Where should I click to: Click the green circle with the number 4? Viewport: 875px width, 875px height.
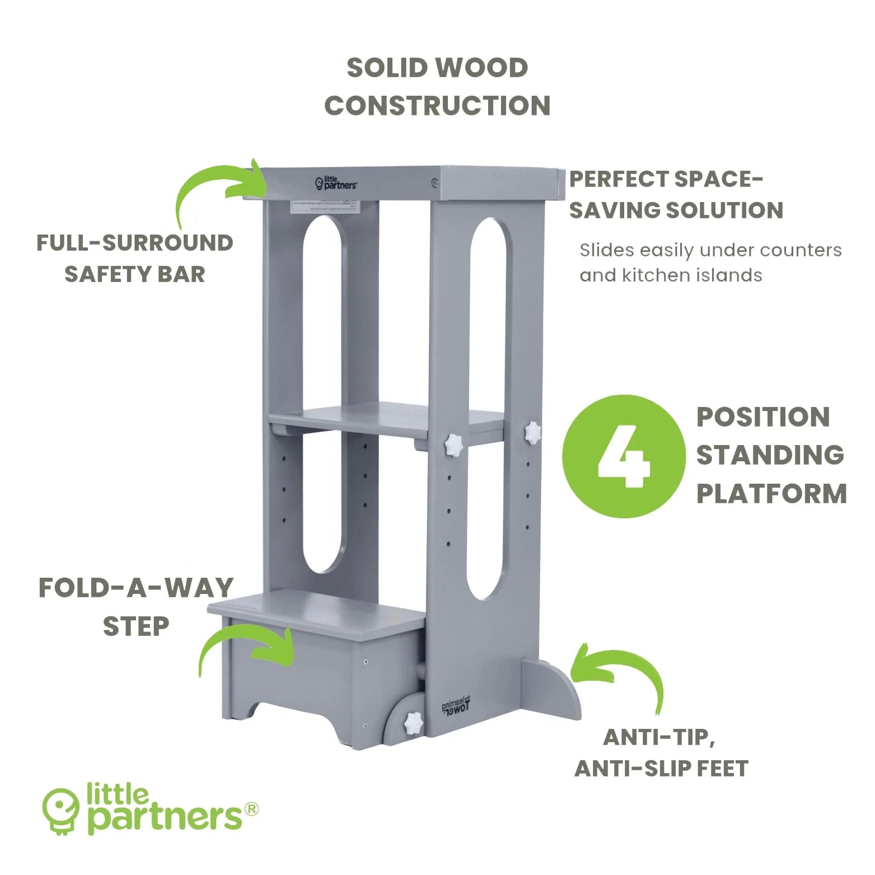point(623,456)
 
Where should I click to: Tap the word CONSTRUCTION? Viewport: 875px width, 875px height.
point(437,106)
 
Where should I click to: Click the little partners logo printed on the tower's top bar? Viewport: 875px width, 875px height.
point(336,183)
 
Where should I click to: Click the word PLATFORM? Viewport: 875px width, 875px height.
point(771,494)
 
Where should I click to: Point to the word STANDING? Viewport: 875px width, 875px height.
point(770,455)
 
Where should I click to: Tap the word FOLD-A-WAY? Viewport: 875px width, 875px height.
point(135,588)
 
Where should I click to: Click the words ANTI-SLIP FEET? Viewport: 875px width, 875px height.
point(661,769)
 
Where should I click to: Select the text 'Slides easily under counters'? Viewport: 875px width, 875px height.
point(710,250)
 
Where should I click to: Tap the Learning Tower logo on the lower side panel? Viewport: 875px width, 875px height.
point(457,707)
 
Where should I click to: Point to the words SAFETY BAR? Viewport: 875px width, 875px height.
point(134,274)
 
